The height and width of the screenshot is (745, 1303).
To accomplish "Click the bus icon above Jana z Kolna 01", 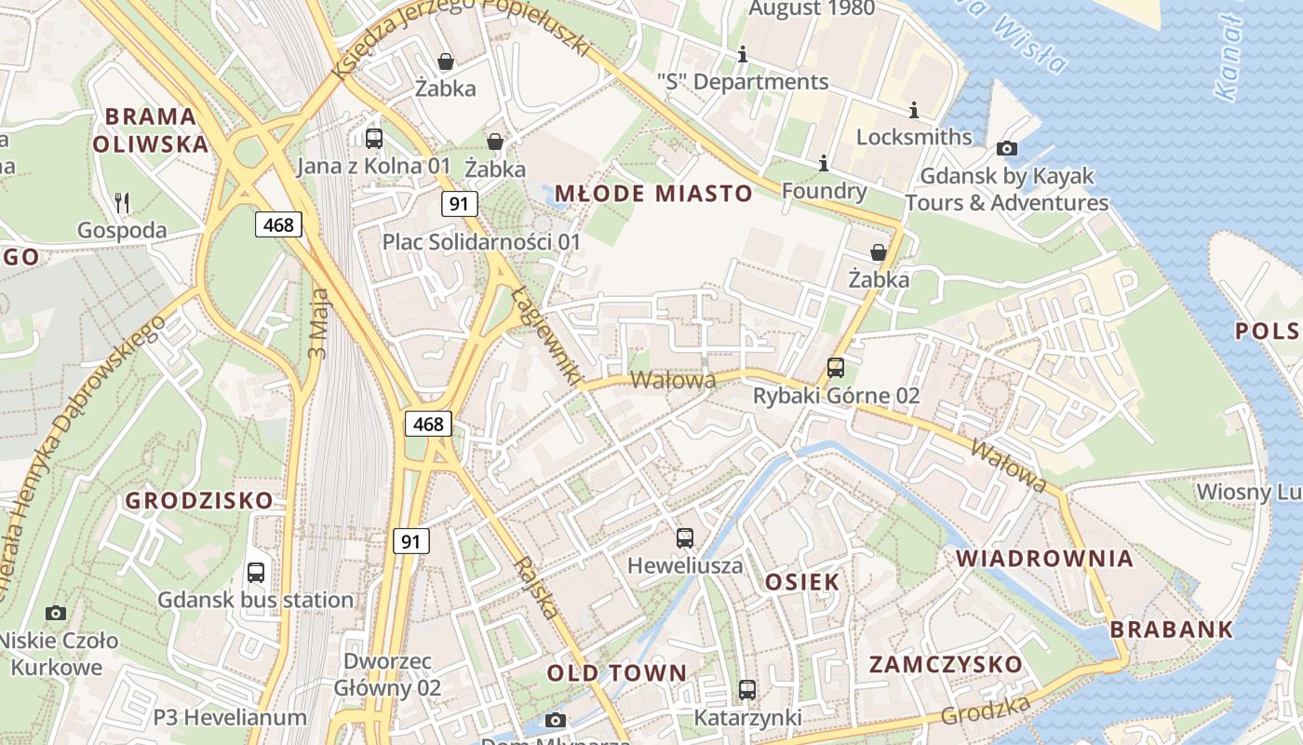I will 374,139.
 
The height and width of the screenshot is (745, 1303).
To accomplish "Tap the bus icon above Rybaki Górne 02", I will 836,368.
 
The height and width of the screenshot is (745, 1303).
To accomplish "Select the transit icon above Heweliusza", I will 685,537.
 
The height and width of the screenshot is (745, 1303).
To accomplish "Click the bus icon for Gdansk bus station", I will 256,573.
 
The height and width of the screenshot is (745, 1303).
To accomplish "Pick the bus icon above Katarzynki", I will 747,690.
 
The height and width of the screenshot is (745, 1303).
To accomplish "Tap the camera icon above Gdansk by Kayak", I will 1006,148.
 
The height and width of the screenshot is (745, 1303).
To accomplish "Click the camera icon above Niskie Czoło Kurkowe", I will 56,613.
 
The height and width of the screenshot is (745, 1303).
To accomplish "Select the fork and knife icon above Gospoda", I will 122,202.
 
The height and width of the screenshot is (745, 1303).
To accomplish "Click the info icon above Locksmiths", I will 913,110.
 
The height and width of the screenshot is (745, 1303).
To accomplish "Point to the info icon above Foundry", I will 824,164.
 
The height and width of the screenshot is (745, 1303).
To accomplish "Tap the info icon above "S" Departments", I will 742,55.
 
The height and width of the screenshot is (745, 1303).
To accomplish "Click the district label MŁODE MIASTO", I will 653,194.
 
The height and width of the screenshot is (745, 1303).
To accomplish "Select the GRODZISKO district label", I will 199,500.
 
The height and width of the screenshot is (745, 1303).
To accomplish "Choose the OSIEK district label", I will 802,582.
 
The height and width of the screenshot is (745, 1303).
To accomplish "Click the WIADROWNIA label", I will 1045,559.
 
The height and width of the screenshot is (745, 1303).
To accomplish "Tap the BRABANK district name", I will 1172,630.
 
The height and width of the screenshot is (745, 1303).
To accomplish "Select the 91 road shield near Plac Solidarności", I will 458,204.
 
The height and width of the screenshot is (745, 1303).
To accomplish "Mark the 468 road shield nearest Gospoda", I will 278,224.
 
